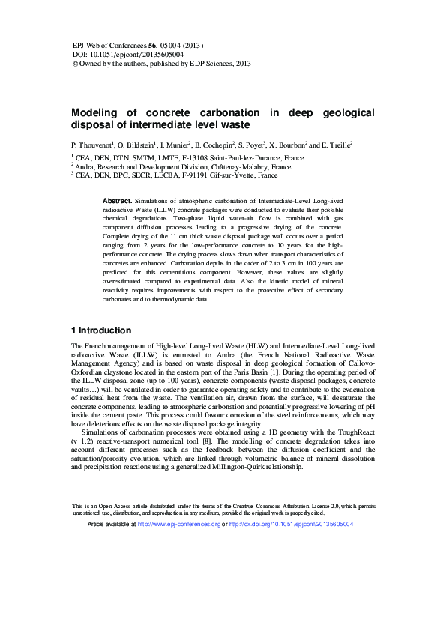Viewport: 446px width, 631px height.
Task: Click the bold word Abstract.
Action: tap(117, 202)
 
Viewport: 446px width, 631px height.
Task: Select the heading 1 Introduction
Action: tap(101, 330)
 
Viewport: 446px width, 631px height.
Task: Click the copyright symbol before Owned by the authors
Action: tap(74, 64)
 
